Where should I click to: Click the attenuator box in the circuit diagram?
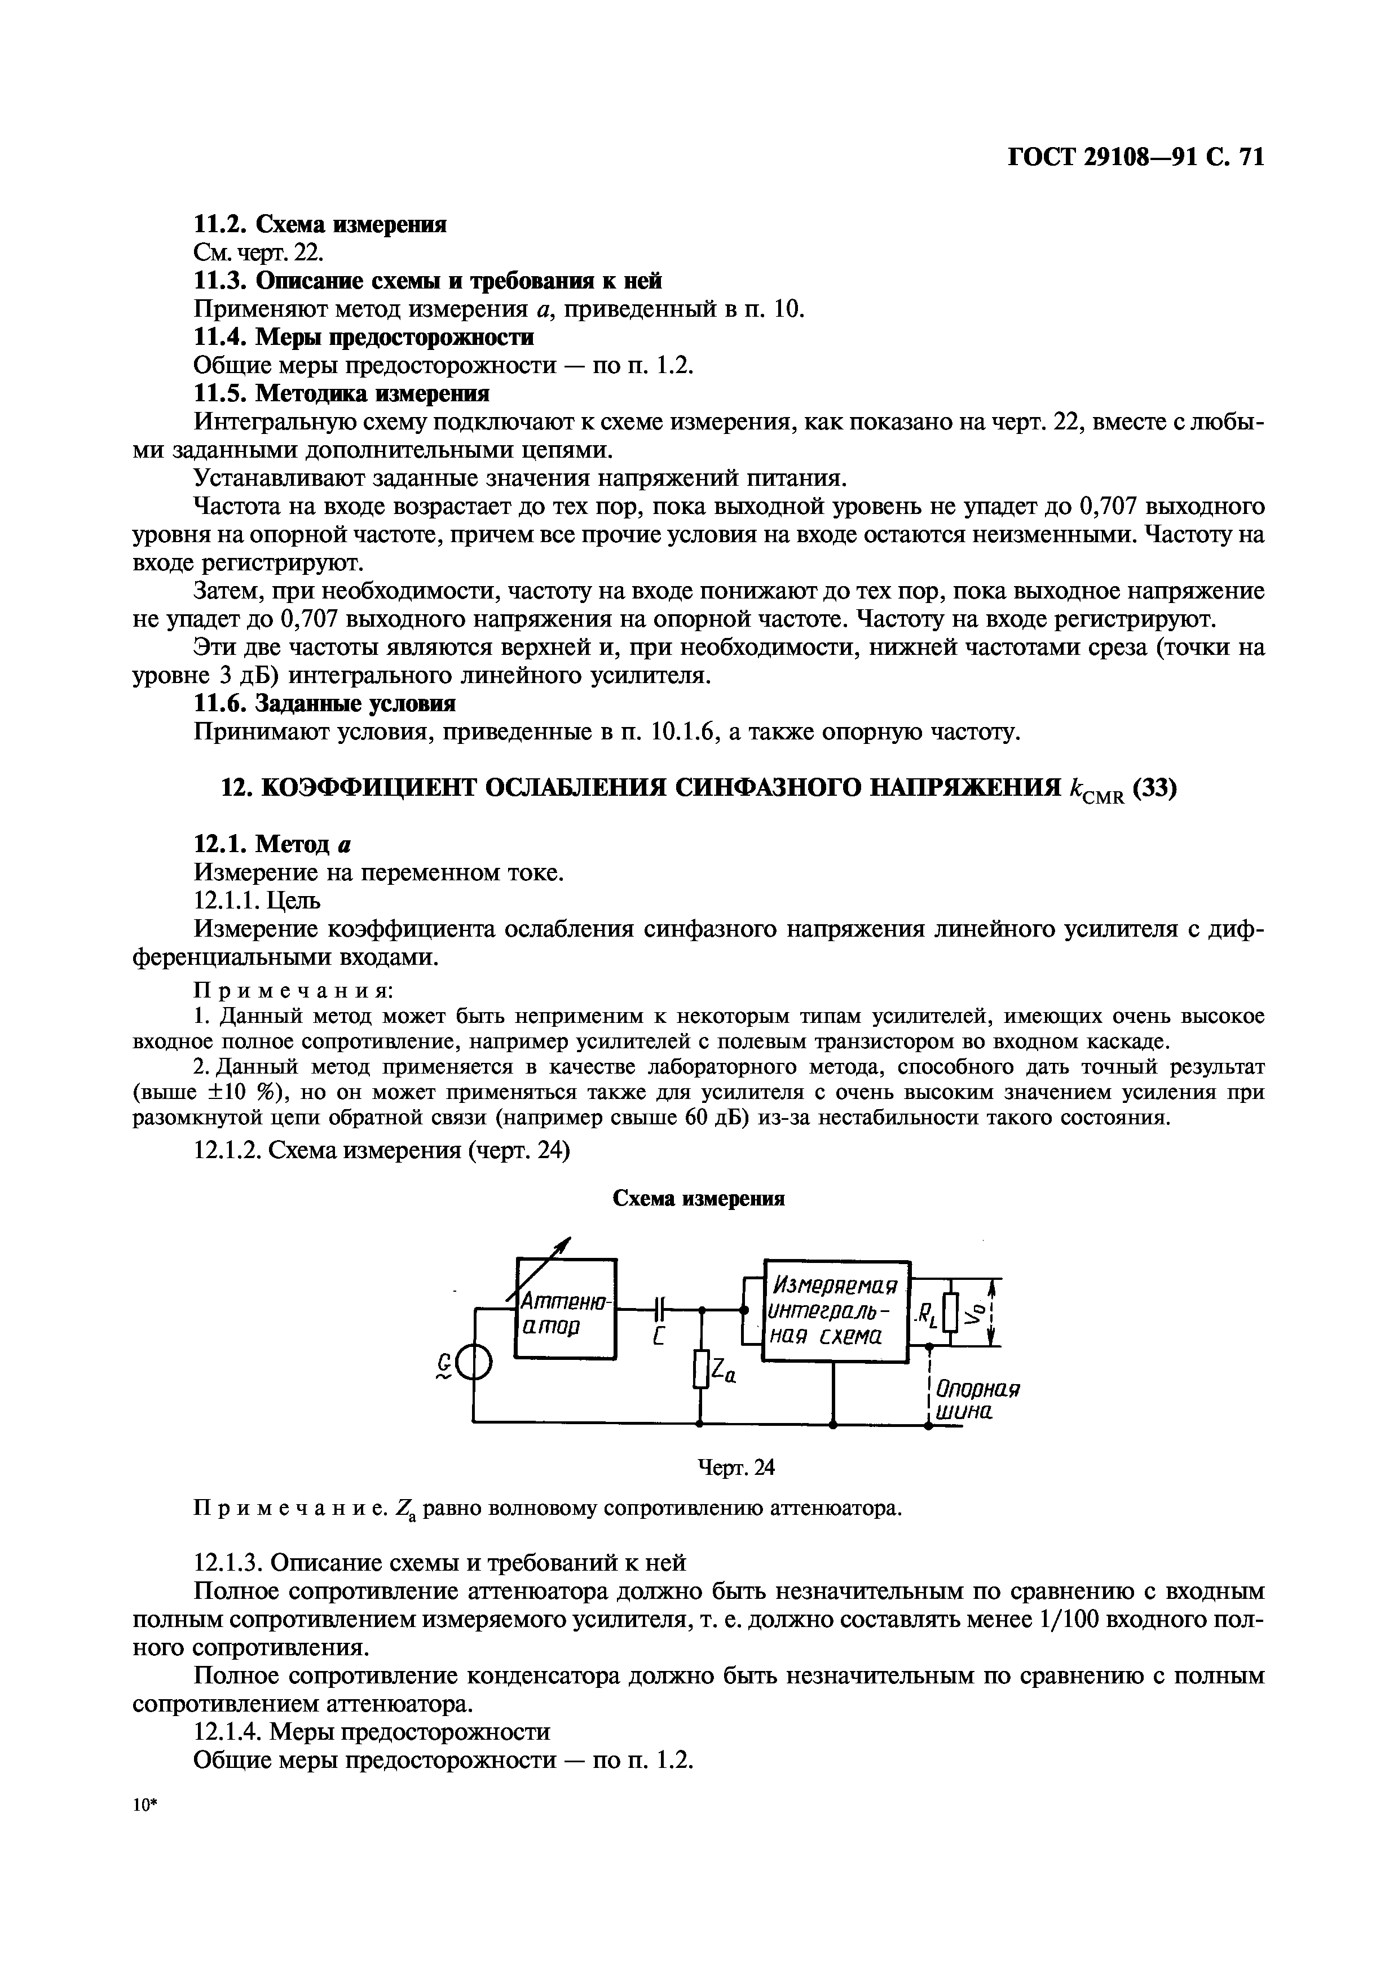click(x=566, y=1309)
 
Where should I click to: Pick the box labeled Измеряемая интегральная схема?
click(x=836, y=1310)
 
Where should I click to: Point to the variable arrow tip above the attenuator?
click(x=568, y=1241)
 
